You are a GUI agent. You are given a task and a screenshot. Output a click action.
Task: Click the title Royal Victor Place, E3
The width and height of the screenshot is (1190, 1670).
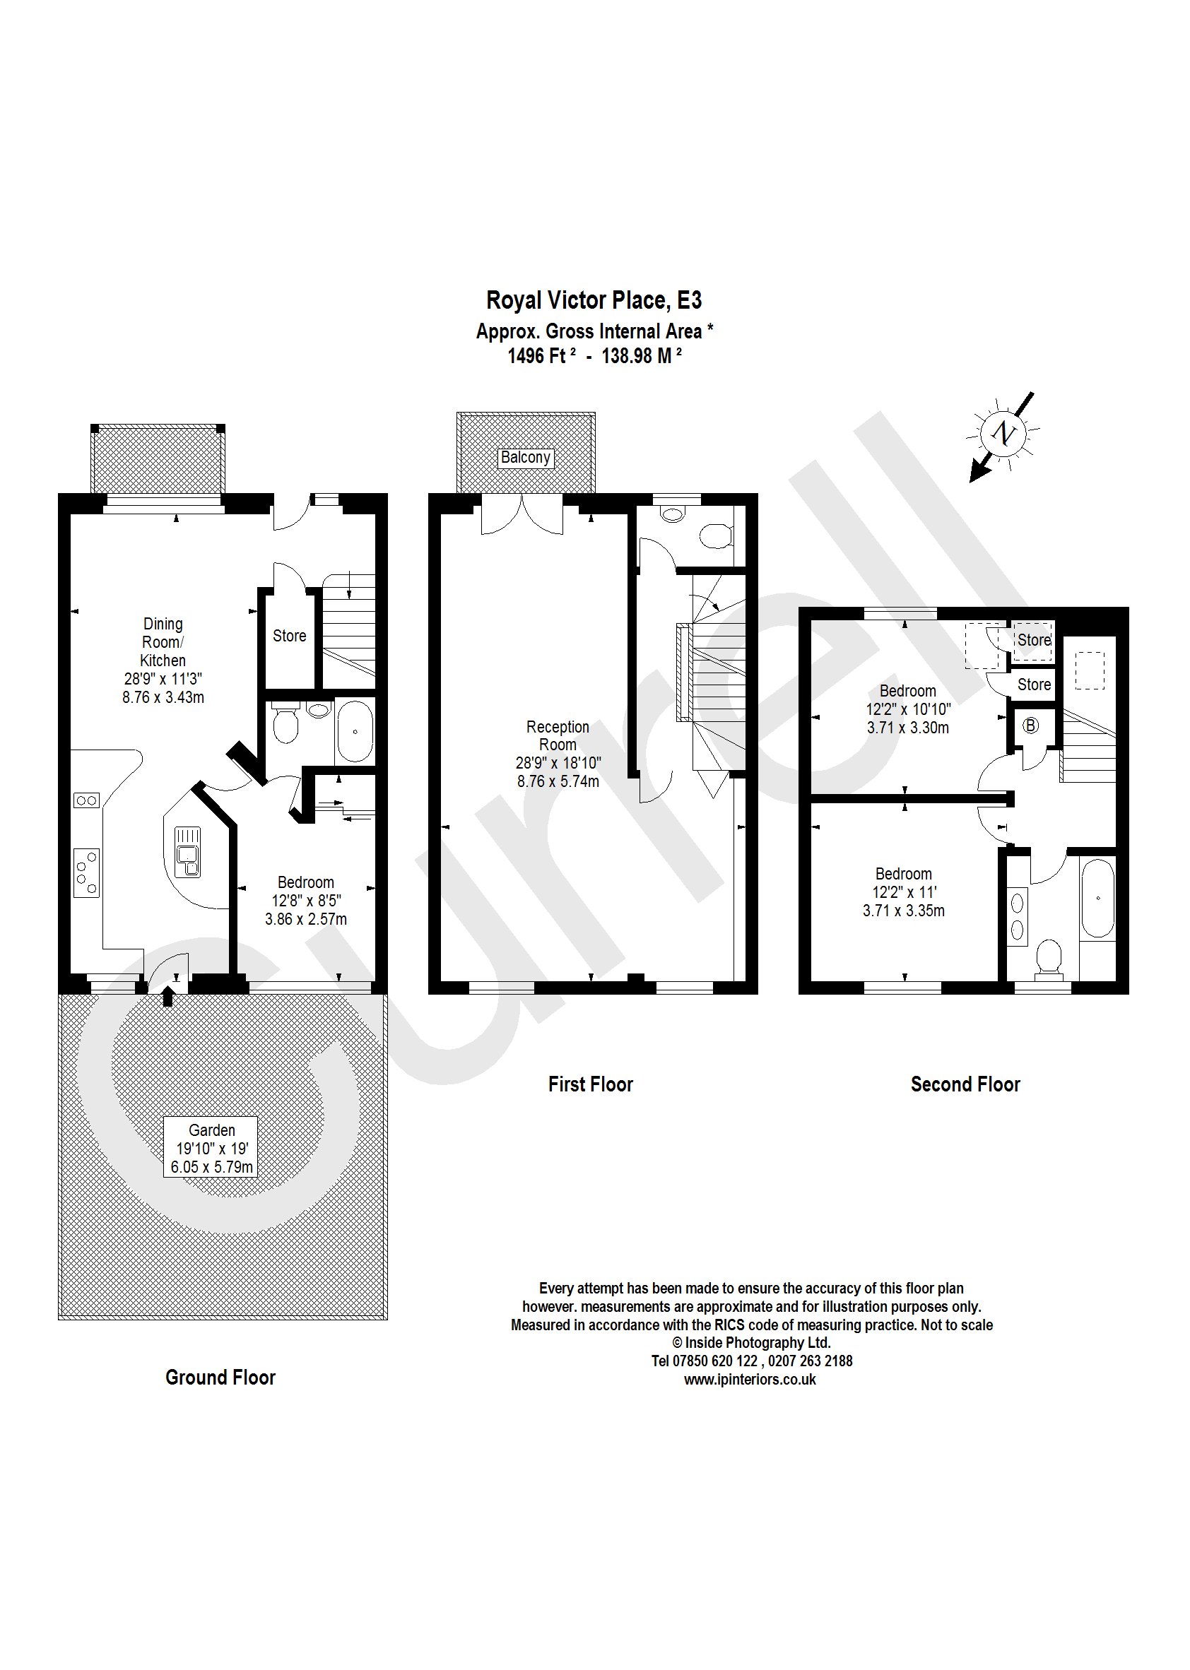(x=594, y=300)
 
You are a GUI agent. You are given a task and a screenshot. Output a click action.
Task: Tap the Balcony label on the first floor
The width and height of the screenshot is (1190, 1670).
(x=525, y=458)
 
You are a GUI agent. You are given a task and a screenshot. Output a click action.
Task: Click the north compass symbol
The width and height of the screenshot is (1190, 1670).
(x=1003, y=434)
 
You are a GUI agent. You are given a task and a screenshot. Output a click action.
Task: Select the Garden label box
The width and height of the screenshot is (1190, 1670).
(x=211, y=1148)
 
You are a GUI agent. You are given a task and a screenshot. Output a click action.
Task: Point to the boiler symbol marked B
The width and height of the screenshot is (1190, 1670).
(x=1030, y=725)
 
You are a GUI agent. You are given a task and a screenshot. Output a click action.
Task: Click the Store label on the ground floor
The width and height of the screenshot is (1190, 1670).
(x=290, y=636)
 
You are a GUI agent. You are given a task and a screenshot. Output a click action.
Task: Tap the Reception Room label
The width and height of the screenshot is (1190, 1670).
(x=558, y=735)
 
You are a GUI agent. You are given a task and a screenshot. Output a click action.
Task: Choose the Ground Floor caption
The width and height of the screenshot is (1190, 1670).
(x=220, y=1378)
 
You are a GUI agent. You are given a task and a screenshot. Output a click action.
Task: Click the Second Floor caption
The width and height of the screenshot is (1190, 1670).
(x=965, y=1085)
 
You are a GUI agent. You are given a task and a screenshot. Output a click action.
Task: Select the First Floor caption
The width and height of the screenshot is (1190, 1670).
(x=590, y=1085)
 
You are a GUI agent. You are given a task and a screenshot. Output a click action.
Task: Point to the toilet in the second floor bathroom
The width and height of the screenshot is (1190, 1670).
(x=1049, y=958)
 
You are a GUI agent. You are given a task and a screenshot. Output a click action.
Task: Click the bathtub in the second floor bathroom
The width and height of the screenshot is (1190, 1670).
(x=1097, y=898)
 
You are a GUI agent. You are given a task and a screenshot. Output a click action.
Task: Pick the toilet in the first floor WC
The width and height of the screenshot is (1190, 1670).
(x=715, y=535)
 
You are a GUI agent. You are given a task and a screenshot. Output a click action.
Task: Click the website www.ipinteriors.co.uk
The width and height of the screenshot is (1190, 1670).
(x=750, y=1380)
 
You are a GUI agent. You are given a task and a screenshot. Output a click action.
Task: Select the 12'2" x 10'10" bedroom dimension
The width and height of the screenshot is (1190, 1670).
(x=908, y=709)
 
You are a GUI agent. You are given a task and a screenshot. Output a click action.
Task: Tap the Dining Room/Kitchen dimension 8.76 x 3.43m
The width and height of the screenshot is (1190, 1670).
(x=163, y=697)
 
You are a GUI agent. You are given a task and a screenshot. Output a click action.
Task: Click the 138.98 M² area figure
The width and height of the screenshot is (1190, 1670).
(x=641, y=357)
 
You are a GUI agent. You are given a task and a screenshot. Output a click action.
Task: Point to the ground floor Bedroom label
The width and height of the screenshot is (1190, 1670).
(x=305, y=882)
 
